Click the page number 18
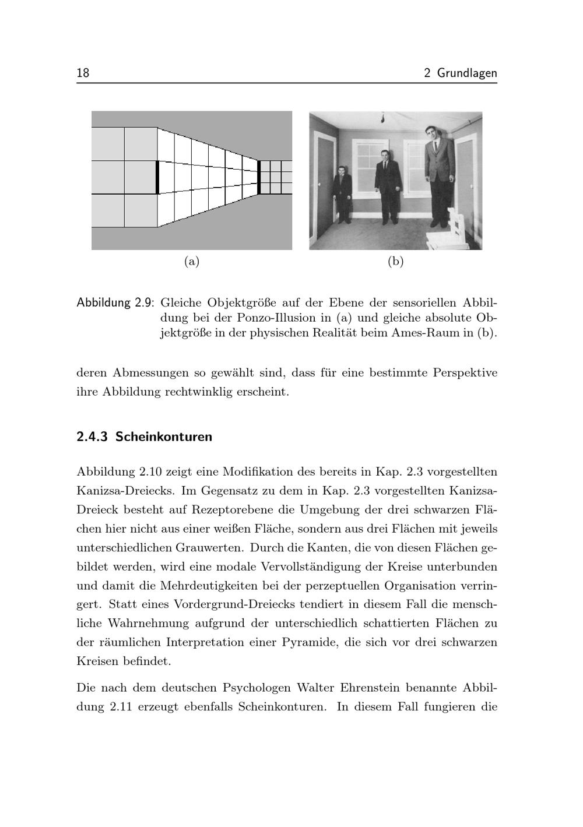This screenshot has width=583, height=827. (83, 73)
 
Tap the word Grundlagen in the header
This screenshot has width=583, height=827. (467, 73)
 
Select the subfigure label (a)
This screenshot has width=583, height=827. (192, 262)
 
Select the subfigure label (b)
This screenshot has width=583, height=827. (395, 262)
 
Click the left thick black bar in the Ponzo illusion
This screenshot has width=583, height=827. (157, 177)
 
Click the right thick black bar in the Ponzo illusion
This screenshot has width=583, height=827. (258, 178)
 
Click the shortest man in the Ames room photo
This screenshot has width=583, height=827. (342, 195)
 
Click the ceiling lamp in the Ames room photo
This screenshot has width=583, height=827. (382, 118)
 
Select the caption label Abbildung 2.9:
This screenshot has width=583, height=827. (115, 303)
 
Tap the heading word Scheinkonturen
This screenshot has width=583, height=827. (164, 437)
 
